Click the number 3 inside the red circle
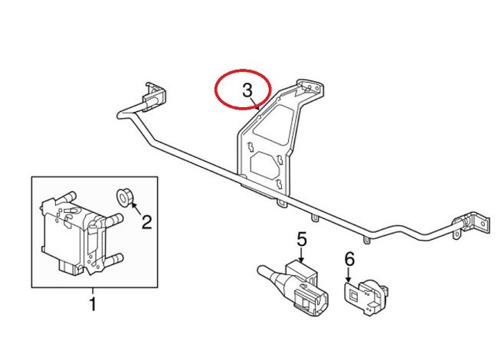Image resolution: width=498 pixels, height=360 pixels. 247,90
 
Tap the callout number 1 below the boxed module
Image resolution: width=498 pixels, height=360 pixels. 93,306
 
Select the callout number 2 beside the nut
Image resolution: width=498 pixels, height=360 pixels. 146,222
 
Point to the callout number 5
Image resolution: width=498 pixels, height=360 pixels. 301,240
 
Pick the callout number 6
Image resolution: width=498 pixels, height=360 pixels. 349,259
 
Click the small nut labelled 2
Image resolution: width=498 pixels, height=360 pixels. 124,197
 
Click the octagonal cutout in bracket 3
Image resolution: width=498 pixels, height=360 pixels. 264,164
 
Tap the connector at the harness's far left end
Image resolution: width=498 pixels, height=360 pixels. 151,93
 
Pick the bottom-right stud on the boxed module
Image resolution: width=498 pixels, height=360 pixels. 115,263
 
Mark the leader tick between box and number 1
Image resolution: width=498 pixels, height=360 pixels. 93,290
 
